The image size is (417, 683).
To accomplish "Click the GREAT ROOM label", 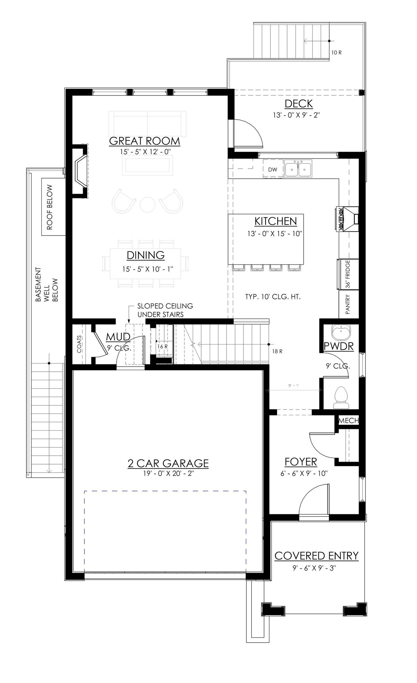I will pos(144,141).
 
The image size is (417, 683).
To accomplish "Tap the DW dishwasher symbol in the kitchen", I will pos(272,170).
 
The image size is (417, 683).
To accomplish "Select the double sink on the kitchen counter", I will pos(298,168).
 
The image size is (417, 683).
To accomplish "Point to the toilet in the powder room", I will pos(341,397).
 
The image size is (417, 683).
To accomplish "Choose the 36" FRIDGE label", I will pos(348,274).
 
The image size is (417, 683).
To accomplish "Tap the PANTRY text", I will pos(348,304).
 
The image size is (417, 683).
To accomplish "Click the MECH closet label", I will pos(348,421).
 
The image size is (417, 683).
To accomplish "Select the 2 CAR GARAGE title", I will pos(168,463).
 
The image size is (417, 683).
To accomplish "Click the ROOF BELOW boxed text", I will pos(50,207).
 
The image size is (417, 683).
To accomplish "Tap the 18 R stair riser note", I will pos(277,351).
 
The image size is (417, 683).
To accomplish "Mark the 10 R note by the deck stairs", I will pos(336,53).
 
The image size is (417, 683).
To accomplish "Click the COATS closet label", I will pos(79,344).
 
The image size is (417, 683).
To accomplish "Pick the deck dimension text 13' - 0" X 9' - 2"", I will pos(296,115).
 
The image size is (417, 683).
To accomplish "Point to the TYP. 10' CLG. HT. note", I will pos(273,297).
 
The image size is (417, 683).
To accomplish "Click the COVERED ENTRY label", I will pos(316,556).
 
